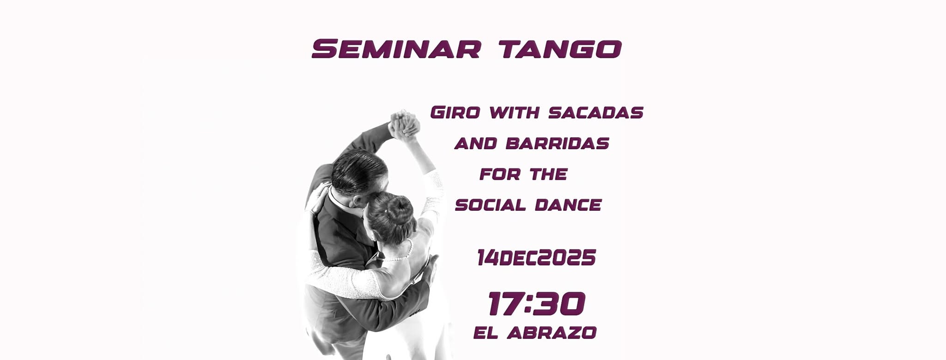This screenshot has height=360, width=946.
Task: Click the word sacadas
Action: point(596,113)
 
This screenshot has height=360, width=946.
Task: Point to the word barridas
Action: point(558,144)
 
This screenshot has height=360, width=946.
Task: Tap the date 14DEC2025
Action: point(536,258)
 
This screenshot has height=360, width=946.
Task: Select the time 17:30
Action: point(536,304)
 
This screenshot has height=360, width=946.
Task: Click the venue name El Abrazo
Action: point(535,333)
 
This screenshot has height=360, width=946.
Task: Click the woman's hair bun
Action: point(399,208)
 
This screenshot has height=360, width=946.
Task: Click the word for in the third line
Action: point(500,174)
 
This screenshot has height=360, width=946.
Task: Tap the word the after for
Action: point(548,174)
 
